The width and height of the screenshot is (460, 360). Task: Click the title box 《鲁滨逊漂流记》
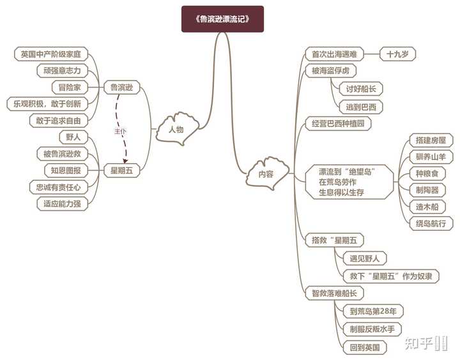(222, 19)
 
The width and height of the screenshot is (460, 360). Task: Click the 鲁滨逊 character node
(122, 87)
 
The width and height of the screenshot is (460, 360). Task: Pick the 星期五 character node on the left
(122, 170)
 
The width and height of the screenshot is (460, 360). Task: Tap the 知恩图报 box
(63, 170)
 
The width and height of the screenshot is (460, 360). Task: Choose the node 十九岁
(398, 54)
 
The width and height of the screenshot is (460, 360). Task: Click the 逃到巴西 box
(360, 106)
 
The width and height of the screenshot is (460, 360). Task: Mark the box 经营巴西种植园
(337, 123)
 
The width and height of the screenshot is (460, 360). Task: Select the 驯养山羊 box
(431, 157)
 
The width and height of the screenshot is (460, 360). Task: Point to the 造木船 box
(431, 207)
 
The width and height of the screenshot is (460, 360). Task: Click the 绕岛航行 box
(431, 223)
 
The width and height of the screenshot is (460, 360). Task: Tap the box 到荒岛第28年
(373, 311)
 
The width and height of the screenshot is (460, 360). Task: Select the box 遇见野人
(365, 258)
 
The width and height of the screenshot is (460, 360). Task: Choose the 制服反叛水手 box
(373, 329)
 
